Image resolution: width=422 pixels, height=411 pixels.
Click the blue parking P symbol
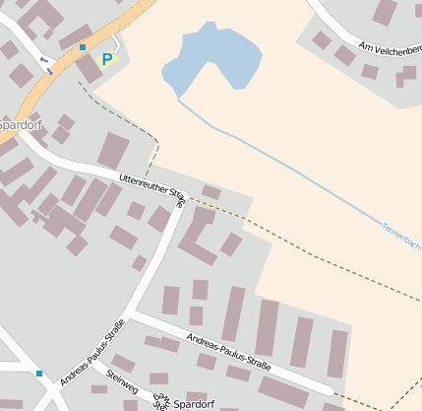point(106,59)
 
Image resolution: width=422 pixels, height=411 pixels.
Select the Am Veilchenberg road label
point(390,49)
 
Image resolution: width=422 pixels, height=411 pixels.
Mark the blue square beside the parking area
point(83,47)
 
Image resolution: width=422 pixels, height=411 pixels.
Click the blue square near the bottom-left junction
point(39,373)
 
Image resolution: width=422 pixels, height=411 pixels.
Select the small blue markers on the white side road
point(44,63)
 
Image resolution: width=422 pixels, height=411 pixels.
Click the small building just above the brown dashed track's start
point(211,191)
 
